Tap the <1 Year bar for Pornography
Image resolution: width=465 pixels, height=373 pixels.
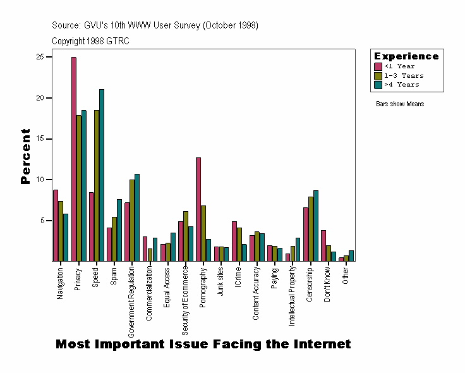(x=198, y=209)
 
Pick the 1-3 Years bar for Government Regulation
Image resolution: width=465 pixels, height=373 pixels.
(x=132, y=221)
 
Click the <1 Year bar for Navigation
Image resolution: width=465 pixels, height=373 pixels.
(x=56, y=226)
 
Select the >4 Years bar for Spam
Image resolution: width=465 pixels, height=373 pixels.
(x=119, y=230)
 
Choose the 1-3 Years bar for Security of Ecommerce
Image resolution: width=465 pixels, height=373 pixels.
(x=185, y=236)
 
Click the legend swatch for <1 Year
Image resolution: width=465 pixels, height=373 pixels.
(x=378, y=66)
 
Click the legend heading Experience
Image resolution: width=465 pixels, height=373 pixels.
(x=406, y=56)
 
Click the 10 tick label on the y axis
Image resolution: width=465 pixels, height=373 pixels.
(x=39, y=180)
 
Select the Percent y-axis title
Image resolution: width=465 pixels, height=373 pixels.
(x=25, y=156)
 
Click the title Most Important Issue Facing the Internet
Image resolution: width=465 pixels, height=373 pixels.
(x=203, y=345)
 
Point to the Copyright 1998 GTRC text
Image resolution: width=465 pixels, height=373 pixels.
(x=91, y=41)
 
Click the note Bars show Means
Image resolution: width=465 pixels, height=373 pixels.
(x=399, y=104)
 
